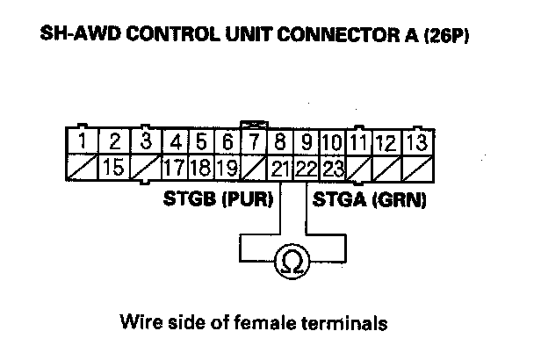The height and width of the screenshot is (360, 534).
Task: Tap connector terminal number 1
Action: [x=81, y=140]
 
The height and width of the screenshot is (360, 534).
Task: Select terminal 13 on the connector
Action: [x=419, y=140]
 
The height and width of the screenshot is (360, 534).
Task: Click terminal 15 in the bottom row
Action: [x=112, y=165]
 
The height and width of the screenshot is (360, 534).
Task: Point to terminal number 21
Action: [x=280, y=165]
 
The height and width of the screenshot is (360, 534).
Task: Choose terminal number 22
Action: [x=306, y=165]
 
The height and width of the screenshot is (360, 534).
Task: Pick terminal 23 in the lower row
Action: [x=333, y=165]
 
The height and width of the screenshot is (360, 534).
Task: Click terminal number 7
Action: [x=254, y=140]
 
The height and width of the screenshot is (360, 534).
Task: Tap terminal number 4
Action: [x=176, y=140]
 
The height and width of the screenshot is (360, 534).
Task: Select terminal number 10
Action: [x=332, y=140]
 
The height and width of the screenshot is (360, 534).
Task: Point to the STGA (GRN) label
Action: [x=364, y=199]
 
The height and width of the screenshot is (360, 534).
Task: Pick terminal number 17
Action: [x=176, y=165]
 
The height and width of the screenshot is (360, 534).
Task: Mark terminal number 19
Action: [x=227, y=165]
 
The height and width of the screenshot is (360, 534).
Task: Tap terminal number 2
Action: [x=113, y=140]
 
